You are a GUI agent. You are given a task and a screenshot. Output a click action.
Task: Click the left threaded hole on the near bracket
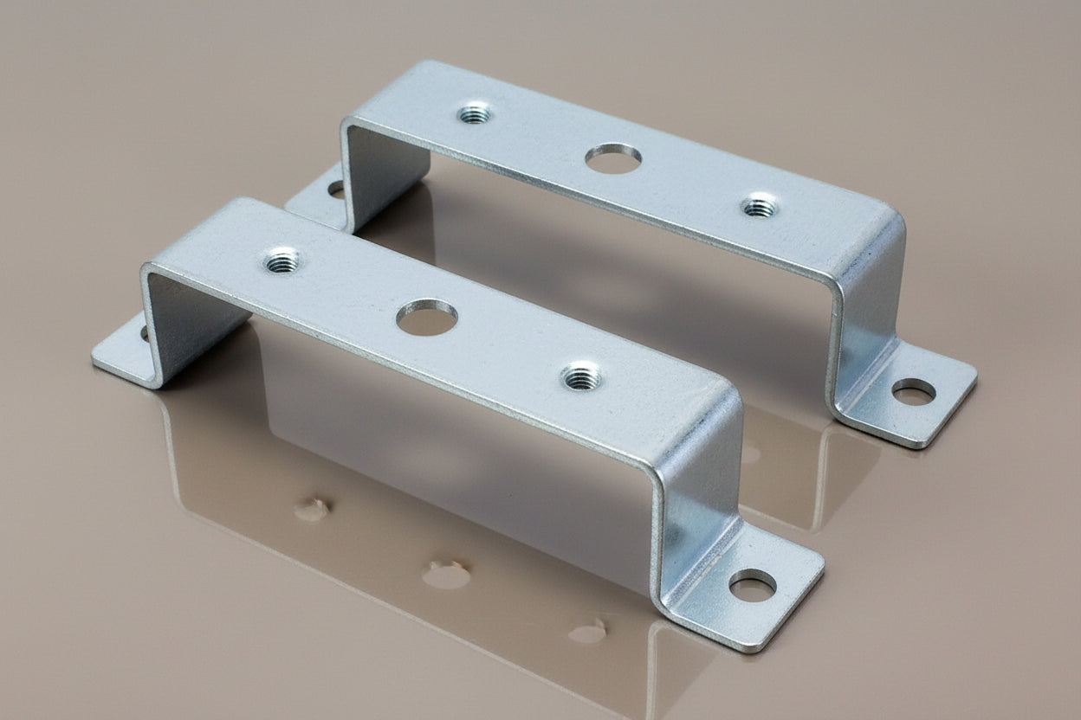[x=282, y=260]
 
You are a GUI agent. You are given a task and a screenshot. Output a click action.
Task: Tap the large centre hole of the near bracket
[x=427, y=318]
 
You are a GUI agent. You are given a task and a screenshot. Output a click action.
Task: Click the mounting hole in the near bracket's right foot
[x=752, y=588]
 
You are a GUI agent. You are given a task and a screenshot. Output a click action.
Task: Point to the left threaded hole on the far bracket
[x=475, y=112]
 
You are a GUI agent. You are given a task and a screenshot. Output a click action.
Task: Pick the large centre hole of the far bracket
[x=613, y=158]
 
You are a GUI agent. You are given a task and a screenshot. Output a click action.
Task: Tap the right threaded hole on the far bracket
[x=760, y=207]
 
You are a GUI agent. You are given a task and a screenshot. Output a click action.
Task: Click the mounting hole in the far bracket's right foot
[x=913, y=392]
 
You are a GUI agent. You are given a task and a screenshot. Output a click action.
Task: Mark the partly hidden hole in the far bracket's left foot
[x=336, y=189]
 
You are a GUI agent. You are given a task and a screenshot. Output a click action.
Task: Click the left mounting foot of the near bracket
[x=126, y=355]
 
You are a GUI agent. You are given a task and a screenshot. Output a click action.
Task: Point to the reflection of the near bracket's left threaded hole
[x=311, y=510]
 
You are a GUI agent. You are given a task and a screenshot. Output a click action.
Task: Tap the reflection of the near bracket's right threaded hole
[x=588, y=632]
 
